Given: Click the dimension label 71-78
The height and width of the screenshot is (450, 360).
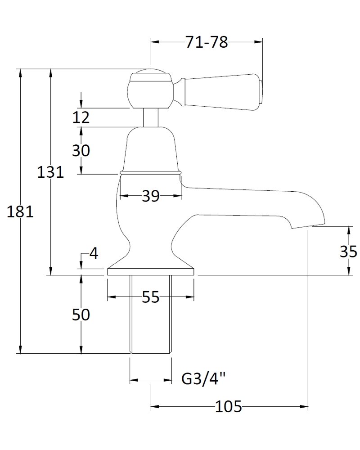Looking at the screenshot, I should tap(207, 43).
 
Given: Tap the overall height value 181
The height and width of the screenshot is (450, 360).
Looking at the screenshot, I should tap(20, 211).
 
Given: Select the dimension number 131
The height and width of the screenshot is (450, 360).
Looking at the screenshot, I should tap(50, 172).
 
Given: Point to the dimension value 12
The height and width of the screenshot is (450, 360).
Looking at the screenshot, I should tap(81, 117).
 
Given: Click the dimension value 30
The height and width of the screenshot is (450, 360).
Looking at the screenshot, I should tap(81, 151).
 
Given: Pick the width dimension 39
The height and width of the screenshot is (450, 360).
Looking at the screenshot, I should tap(150, 196).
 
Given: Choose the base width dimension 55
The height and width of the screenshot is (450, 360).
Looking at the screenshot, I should tap(150, 297).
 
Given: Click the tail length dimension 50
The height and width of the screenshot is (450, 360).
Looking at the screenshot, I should tap(81, 315).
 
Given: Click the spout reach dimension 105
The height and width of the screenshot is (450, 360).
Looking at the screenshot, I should tap(229, 407).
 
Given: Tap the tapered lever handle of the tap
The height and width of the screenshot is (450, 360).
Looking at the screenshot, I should tap(220, 93).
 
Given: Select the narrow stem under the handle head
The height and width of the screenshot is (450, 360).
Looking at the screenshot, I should tap(150, 117).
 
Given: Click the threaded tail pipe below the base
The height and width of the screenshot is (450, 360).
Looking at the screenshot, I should tap(150, 315).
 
